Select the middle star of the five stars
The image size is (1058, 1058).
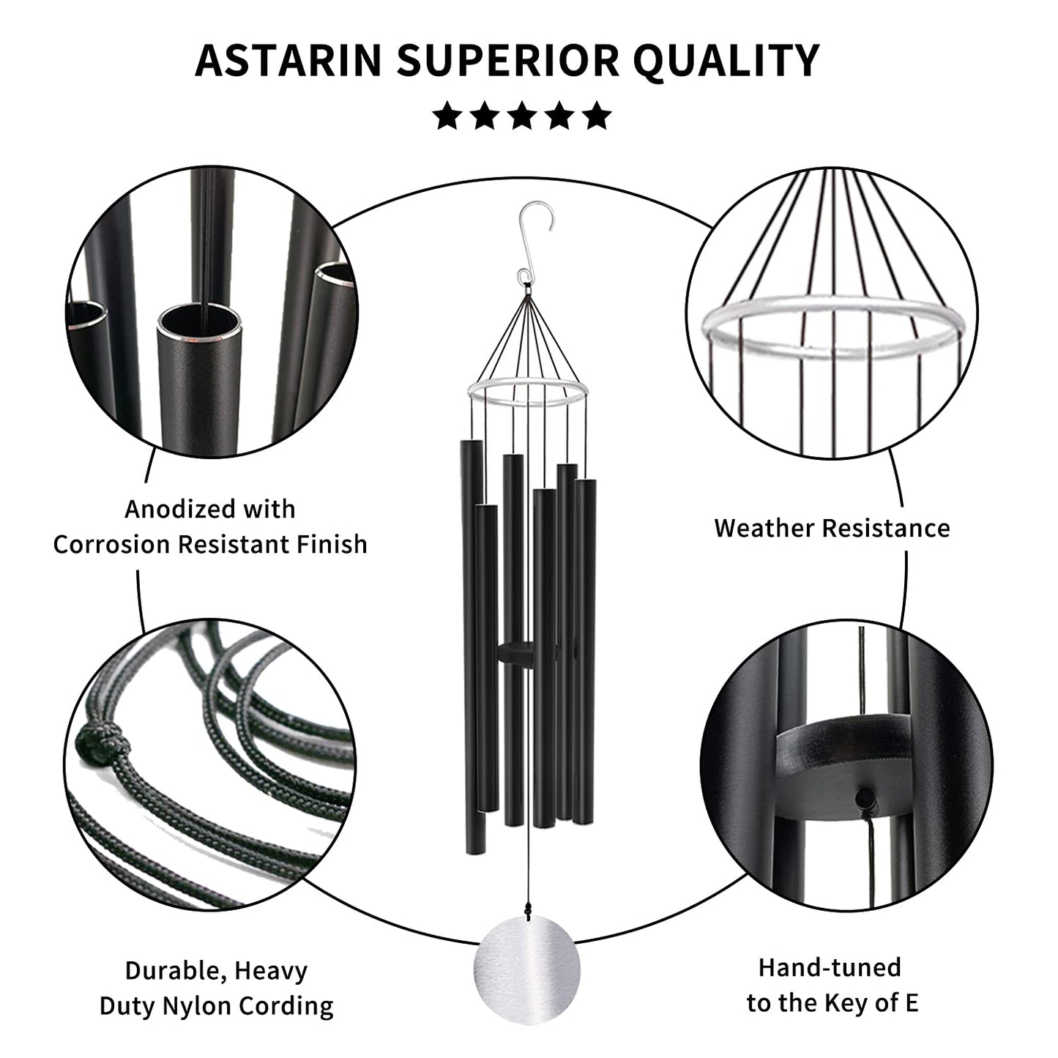tap(522, 116)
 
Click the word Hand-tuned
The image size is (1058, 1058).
tap(830, 968)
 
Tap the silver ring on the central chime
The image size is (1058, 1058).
tap(526, 392)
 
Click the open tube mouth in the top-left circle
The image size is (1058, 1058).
tap(198, 322)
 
